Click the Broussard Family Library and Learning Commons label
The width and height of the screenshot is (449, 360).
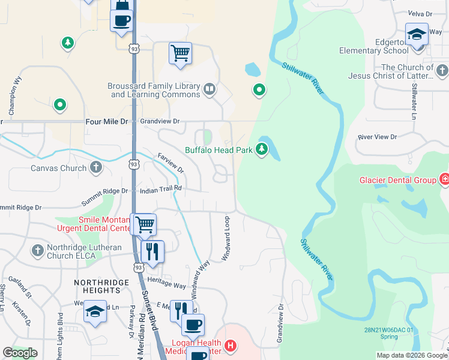point(154,91)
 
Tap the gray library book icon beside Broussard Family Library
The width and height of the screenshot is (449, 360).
point(209,91)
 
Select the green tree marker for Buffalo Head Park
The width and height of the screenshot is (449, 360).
point(262,149)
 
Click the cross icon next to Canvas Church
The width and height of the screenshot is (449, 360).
point(96,168)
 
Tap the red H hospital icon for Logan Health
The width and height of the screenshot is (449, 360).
point(231,346)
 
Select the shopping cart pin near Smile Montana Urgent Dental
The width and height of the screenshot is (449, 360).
point(145,224)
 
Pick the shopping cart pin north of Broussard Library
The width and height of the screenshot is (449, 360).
point(180,53)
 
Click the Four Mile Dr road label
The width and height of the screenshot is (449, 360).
point(107,121)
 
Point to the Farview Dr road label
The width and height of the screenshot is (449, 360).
point(170,162)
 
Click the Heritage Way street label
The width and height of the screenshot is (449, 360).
point(171,286)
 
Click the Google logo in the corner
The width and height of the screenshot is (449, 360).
point(20,353)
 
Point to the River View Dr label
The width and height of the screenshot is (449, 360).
point(377,137)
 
